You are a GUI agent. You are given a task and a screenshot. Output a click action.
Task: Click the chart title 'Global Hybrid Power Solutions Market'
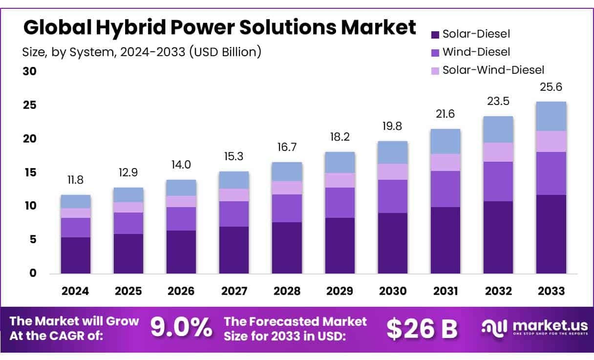219,28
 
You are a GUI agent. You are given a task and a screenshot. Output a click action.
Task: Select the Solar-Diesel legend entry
476,34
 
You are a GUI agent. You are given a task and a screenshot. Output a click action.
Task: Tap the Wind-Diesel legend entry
476,52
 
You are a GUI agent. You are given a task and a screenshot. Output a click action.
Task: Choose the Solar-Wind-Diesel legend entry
493,70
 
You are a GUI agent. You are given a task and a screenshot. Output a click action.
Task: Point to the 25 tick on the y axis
30,106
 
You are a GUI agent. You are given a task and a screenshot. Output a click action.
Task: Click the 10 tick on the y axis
30,206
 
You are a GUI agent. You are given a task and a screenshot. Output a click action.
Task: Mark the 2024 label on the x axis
75,291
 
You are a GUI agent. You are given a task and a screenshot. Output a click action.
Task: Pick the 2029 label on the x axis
340,291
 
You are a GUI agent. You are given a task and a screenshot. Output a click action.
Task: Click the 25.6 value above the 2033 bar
551,88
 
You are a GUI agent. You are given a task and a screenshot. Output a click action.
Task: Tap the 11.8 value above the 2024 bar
75,180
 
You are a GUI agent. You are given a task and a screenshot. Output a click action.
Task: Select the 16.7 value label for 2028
287,148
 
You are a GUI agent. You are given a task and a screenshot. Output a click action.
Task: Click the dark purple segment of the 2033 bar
551,234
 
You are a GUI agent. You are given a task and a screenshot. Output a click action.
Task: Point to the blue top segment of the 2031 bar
445,141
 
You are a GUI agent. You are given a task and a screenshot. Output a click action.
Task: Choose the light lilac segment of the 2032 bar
498,152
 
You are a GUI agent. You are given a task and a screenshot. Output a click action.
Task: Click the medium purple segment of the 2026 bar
181,219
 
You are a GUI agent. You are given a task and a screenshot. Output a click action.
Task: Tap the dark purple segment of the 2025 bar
128,254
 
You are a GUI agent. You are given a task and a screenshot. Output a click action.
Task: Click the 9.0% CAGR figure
181,328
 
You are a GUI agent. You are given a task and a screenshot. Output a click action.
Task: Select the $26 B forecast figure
422,329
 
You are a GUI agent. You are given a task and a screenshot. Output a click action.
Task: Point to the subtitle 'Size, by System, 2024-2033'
142,51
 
